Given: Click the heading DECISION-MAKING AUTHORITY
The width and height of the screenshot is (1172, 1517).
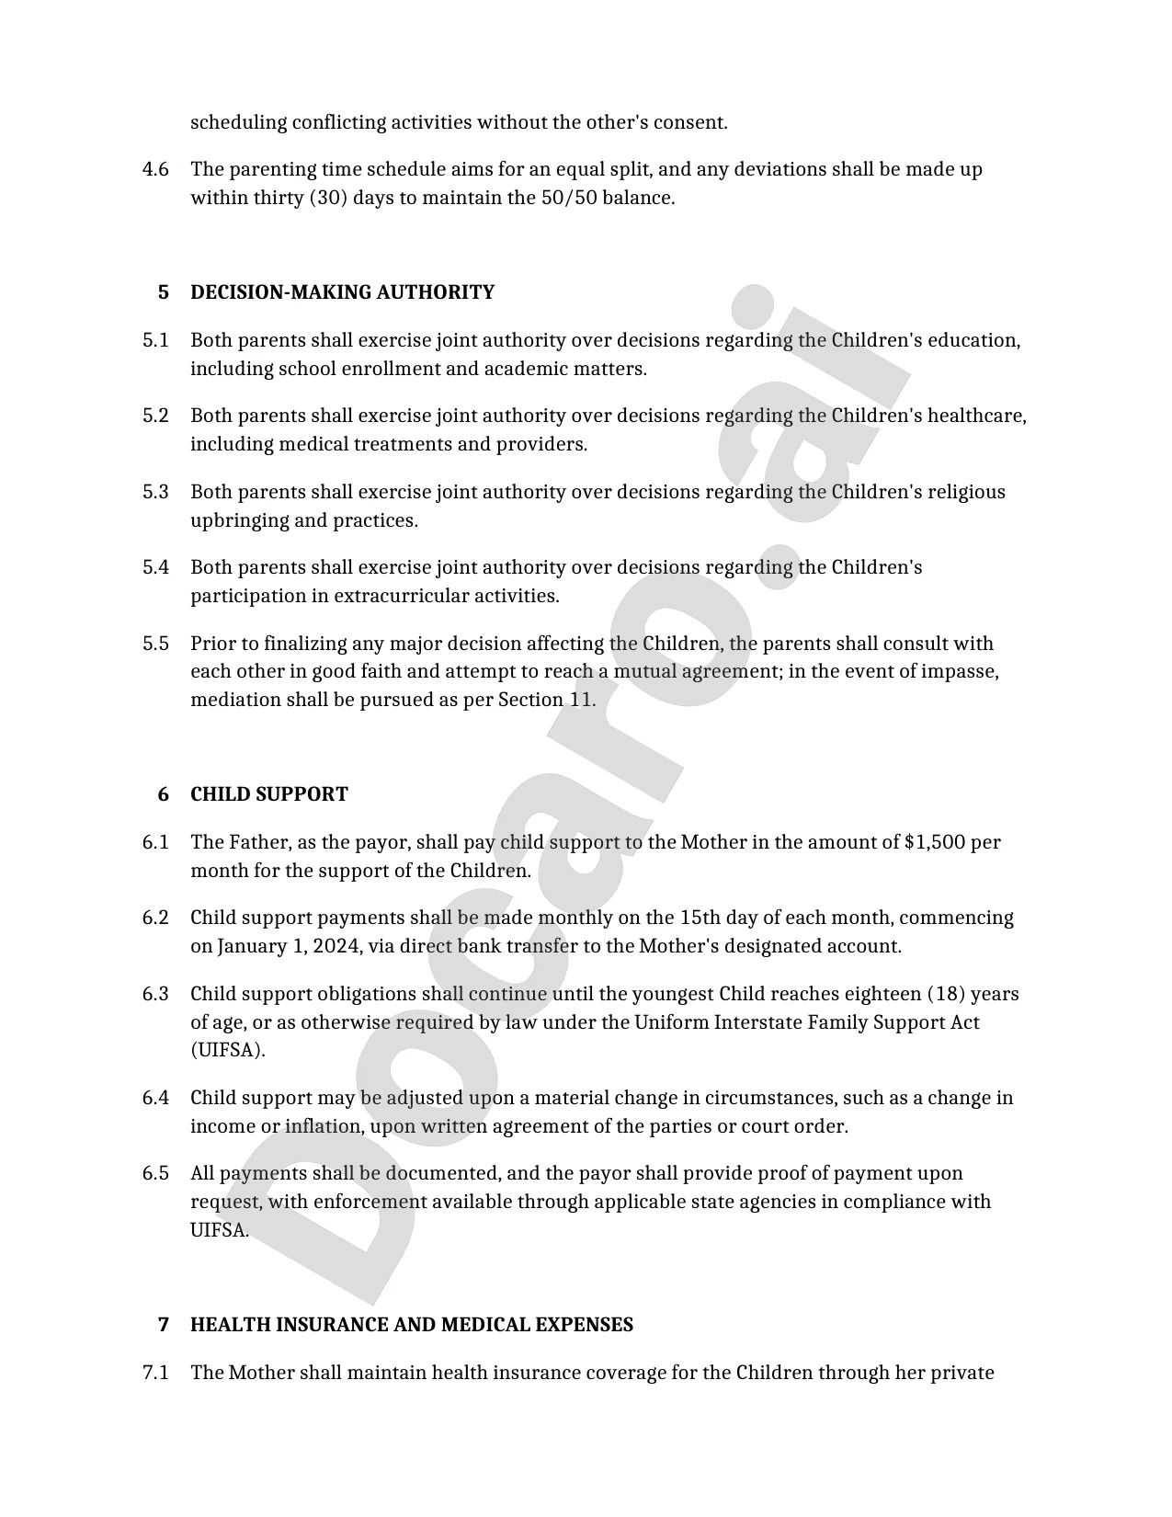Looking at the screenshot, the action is tap(342, 292).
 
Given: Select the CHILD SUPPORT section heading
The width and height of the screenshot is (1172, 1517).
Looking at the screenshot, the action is tap(268, 794).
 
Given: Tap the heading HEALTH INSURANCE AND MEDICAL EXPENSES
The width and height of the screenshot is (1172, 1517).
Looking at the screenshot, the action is tap(411, 1325).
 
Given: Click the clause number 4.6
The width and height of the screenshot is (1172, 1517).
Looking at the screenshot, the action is tap(155, 169).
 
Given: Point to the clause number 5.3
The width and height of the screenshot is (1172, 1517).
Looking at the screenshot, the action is tap(155, 492).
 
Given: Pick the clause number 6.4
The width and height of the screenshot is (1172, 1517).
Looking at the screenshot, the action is tap(155, 1098).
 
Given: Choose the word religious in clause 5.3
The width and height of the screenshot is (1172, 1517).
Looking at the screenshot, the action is tap(966, 492).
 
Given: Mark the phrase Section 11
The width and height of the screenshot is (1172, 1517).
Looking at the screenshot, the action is tap(546, 700).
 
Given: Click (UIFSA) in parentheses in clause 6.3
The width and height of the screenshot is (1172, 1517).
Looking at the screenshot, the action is tap(227, 1050).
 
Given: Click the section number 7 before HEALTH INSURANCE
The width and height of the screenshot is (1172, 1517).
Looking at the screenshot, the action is tap(164, 1325).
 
